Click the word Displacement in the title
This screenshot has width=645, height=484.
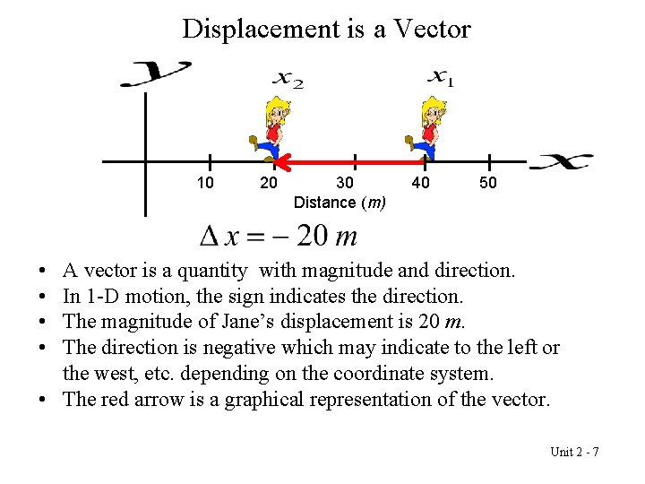click(x=259, y=30)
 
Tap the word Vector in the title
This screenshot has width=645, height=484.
click(x=429, y=30)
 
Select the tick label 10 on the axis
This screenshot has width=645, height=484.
click(x=205, y=184)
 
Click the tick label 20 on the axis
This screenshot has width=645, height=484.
click(x=268, y=184)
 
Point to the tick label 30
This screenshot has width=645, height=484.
click(x=344, y=184)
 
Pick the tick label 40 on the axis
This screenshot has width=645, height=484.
click(x=419, y=184)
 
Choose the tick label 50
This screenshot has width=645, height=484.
click(x=488, y=184)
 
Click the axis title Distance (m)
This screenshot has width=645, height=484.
click(x=340, y=203)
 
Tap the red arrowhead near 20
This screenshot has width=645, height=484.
click(x=282, y=162)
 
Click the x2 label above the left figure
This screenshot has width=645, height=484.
click(x=288, y=80)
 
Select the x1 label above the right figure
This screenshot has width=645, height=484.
click(x=440, y=78)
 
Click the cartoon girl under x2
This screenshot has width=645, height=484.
click(x=270, y=130)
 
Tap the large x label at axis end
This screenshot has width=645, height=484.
click(x=561, y=162)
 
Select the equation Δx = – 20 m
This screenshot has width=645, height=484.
click(x=278, y=237)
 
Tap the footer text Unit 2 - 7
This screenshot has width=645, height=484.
click(x=574, y=451)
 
